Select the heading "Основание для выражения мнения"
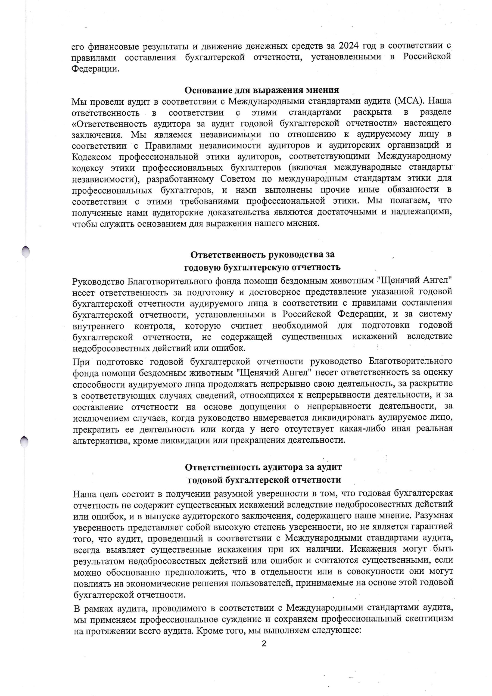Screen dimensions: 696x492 click(x=261, y=90)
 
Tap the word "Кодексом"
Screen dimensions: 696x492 click(x=91, y=157)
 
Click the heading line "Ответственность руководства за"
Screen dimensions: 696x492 click(x=262, y=255)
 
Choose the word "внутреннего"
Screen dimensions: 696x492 click(x=98, y=326)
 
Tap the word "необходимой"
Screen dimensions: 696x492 click(x=300, y=325)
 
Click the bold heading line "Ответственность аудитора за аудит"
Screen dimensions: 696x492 click(x=263, y=467)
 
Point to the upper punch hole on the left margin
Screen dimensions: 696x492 click(x=26, y=251)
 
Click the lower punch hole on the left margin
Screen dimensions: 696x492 click(x=24, y=442)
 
